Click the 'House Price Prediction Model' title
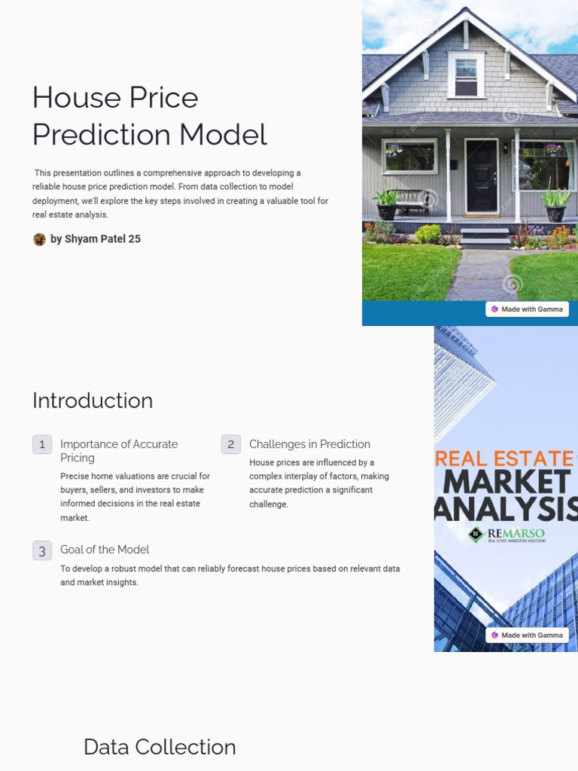point(149,116)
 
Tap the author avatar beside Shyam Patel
point(39,239)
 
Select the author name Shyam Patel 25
point(96,239)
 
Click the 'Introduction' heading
point(93,401)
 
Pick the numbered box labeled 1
point(42,444)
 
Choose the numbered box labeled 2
point(231,444)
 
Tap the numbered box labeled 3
point(42,550)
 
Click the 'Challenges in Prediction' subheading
point(309,444)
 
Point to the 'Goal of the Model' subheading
point(105,550)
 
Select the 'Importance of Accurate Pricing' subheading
point(119,451)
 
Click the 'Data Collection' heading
point(160,747)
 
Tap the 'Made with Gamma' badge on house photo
point(527,309)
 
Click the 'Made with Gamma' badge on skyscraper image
point(527,635)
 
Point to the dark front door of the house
point(480,175)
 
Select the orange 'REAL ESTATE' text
point(504,459)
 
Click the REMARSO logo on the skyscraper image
point(505,535)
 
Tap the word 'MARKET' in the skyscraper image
point(508,483)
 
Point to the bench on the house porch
point(412,200)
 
